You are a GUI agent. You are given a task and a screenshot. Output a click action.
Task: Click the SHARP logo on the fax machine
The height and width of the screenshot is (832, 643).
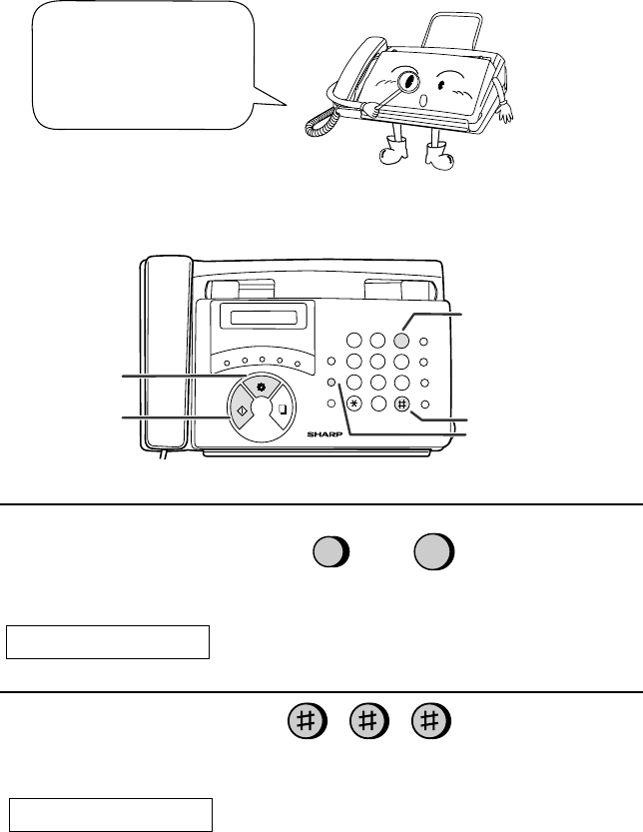pyautogui.click(x=324, y=434)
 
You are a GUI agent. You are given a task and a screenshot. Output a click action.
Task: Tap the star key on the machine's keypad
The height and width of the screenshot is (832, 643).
pyautogui.click(x=354, y=404)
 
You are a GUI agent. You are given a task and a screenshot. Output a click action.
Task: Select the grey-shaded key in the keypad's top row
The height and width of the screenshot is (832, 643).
pyautogui.click(x=401, y=341)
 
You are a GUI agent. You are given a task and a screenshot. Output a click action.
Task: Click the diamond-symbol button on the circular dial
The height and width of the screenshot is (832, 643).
pyautogui.click(x=242, y=408)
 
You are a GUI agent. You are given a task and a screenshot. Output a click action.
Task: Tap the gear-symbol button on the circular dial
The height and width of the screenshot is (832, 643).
pyautogui.click(x=261, y=388)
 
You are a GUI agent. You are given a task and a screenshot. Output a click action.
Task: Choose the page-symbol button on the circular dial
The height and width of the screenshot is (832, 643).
pyautogui.click(x=283, y=410)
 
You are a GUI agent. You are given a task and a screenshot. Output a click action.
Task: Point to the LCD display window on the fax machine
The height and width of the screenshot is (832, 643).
pyautogui.click(x=264, y=318)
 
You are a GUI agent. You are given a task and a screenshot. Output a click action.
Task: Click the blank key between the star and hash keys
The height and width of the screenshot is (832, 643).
pyautogui.click(x=378, y=405)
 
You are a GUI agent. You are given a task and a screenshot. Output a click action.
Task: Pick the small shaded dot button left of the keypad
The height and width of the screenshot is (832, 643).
pyautogui.click(x=331, y=382)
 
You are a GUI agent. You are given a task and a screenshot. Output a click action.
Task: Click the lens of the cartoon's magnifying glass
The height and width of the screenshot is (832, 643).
pyautogui.click(x=408, y=81)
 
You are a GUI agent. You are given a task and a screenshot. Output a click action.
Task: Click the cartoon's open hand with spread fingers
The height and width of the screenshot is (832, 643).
pyautogui.click(x=505, y=113)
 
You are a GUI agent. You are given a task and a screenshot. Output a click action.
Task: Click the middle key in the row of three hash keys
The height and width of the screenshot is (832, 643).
pyautogui.click(x=368, y=721)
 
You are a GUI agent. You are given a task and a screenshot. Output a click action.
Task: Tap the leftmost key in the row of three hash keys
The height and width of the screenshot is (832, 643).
pyautogui.click(x=308, y=721)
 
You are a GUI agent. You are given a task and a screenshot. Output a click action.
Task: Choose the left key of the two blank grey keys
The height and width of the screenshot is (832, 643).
pyautogui.click(x=331, y=551)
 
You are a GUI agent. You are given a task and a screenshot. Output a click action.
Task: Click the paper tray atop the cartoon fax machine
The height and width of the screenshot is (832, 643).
pyautogui.click(x=452, y=30)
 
